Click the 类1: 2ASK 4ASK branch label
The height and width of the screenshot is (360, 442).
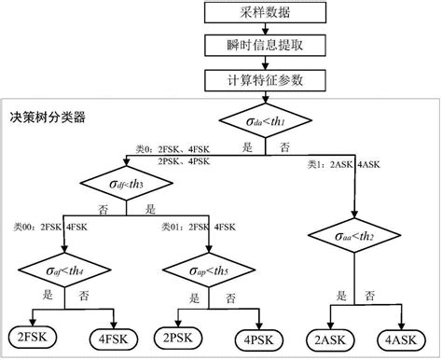tap(344, 165)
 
